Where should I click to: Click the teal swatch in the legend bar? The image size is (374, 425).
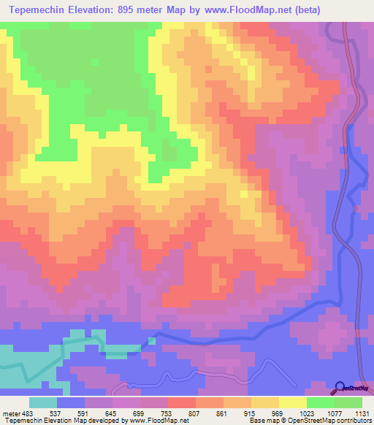coord(43,402)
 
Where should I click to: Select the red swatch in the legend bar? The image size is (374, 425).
coord(182,402)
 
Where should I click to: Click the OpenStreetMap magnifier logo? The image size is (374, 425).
coord(340,388)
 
